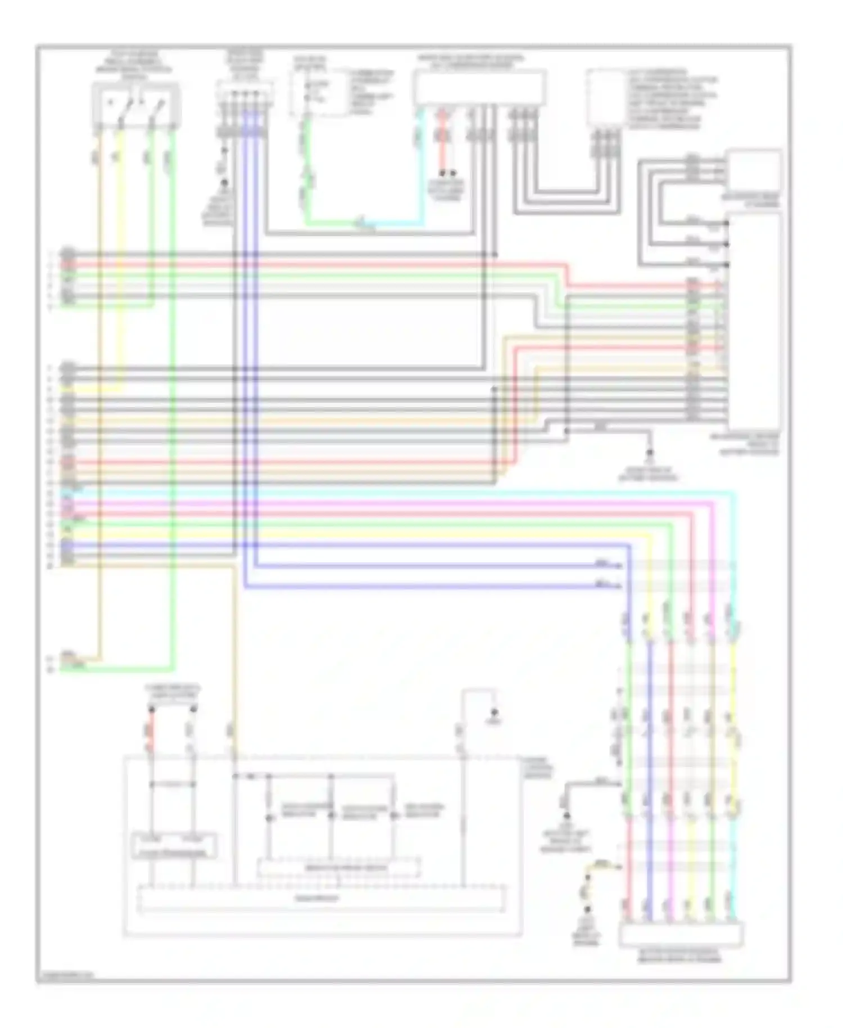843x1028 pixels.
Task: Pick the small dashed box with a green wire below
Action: (x=318, y=92)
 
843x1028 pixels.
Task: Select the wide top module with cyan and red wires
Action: (x=479, y=88)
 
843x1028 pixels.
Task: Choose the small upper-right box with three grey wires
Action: (x=753, y=169)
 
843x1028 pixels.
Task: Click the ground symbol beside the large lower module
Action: (x=494, y=715)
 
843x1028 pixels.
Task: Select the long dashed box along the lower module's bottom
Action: (x=321, y=899)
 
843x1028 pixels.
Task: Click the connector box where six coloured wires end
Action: (x=681, y=935)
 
